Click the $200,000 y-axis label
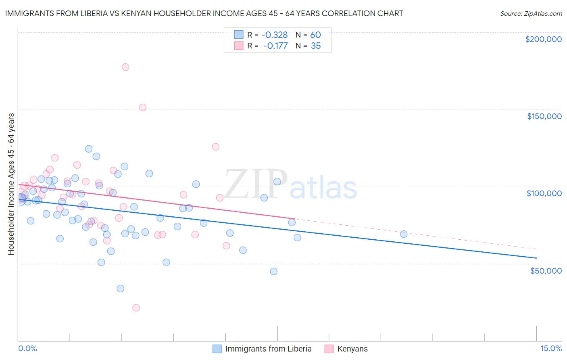pyautogui.click(x=543, y=39)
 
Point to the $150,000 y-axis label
pyautogui.click(x=544, y=116)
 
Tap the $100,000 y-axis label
pyautogui.click(x=544, y=193)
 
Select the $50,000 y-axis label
pyautogui.click(x=546, y=270)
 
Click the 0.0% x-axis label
pyautogui.click(x=27, y=348)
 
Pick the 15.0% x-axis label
pyautogui.click(x=551, y=348)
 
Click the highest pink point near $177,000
pyautogui.click(x=125, y=67)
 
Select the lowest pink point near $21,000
pyautogui.click(x=136, y=308)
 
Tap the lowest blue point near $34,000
pyautogui.click(x=120, y=289)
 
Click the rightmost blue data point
pyautogui.click(x=404, y=234)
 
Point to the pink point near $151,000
pyautogui.click(x=142, y=107)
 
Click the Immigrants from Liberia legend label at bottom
pyautogui.click(x=268, y=349)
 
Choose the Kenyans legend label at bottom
pyautogui.click(x=352, y=349)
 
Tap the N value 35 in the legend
pyautogui.click(x=316, y=46)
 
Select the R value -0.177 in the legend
pyautogui.click(x=275, y=46)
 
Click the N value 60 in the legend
pyautogui.click(x=315, y=35)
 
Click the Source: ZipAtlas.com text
pyautogui.click(x=531, y=14)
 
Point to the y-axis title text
pyautogui.click(x=11, y=184)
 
